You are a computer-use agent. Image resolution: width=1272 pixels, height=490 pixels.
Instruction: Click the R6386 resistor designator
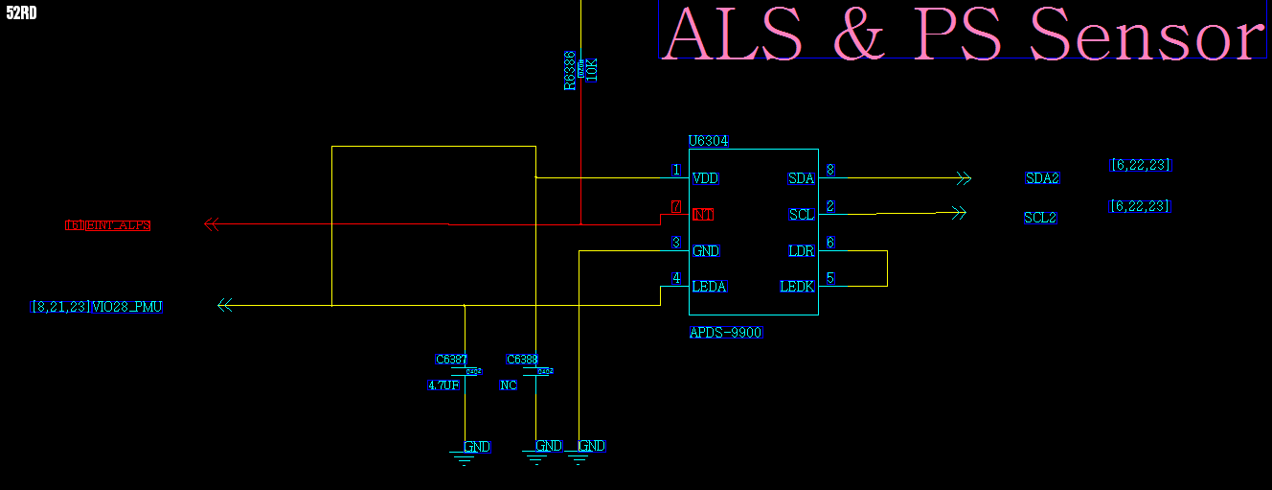(x=569, y=71)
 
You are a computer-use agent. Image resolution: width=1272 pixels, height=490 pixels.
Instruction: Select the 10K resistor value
(x=591, y=69)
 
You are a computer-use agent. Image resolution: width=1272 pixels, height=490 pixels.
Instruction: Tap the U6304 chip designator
(x=709, y=141)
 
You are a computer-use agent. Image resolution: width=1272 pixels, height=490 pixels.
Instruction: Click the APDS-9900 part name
(x=726, y=333)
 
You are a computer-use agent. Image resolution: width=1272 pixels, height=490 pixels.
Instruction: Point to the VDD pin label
(x=706, y=178)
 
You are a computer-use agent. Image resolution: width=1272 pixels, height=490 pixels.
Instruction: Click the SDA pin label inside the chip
(x=801, y=178)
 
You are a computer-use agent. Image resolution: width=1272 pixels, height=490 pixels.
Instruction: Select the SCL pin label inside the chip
(x=802, y=215)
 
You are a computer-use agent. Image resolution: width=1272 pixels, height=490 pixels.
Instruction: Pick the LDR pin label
(x=801, y=251)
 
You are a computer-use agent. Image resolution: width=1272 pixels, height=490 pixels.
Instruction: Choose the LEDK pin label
(x=797, y=287)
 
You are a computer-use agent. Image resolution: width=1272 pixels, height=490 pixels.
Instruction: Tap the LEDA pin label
(x=710, y=287)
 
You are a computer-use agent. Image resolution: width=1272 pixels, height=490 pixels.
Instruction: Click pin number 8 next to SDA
(x=829, y=171)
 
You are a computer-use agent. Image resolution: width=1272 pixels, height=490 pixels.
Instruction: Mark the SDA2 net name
(x=1043, y=178)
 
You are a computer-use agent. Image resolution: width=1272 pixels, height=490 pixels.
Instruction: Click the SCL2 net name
(x=1040, y=218)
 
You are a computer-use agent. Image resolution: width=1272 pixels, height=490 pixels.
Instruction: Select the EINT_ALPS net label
(x=119, y=225)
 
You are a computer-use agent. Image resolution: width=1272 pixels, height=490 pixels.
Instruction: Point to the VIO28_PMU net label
(x=126, y=307)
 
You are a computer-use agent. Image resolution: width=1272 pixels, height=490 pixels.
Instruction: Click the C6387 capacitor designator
(x=451, y=360)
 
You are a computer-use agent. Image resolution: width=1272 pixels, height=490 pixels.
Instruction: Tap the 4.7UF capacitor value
(x=443, y=385)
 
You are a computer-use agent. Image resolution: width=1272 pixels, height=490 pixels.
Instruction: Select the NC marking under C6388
(x=509, y=385)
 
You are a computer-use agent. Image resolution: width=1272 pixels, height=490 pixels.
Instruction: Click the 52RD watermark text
(x=22, y=13)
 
